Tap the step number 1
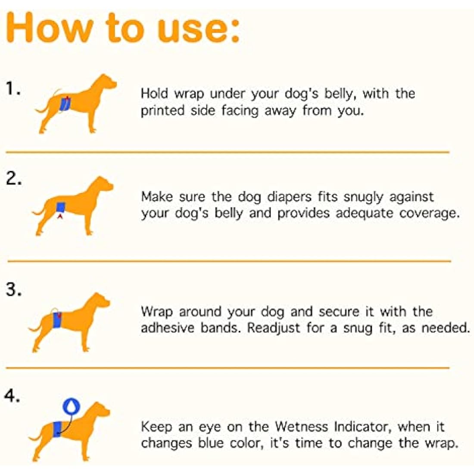point(13,89)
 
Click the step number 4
point(12,396)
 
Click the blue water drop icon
point(72,405)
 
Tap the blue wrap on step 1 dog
point(65,104)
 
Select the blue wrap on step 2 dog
point(60,207)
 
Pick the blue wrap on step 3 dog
point(57,320)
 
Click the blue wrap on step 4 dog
point(56,429)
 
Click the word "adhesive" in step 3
point(168,328)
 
